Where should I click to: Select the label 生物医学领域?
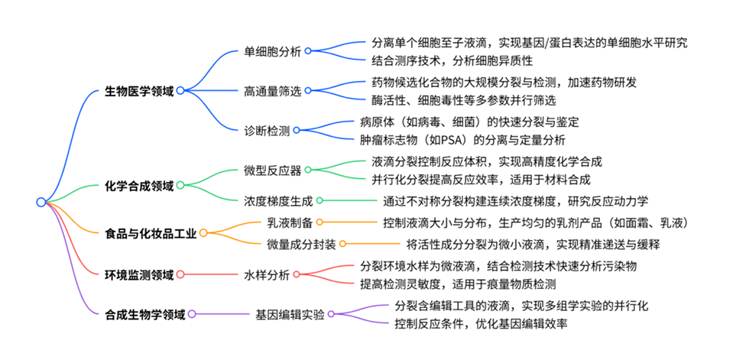[x=138, y=90]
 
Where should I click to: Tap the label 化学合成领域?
[x=138, y=185]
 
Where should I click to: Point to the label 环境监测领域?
[x=138, y=274]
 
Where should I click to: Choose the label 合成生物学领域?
[x=144, y=314]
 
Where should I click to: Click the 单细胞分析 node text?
[x=273, y=50]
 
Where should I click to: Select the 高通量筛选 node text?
[x=273, y=90]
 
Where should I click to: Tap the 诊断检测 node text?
[x=267, y=130]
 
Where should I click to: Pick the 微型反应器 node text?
[x=273, y=170]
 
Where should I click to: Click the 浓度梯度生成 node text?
[x=279, y=200]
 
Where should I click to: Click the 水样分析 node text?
[x=267, y=274]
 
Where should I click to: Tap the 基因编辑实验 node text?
[x=290, y=314]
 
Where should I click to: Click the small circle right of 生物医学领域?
[x=180, y=90]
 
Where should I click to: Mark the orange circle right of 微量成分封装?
[x=342, y=244]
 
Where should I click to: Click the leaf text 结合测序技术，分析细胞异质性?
[x=452, y=60]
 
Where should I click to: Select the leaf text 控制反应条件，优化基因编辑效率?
[x=481, y=324]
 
